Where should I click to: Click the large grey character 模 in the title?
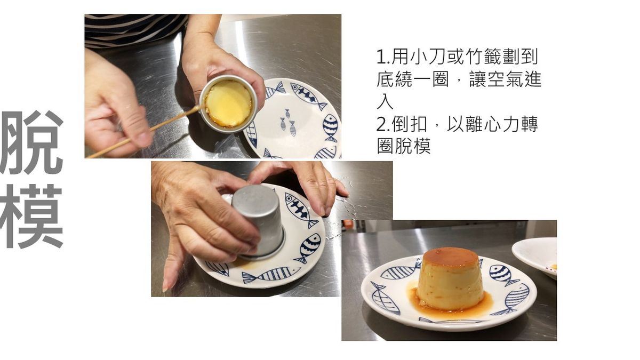point(31,217)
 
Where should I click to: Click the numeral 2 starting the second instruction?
point(382,125)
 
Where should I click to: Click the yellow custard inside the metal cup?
point(229,103)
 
